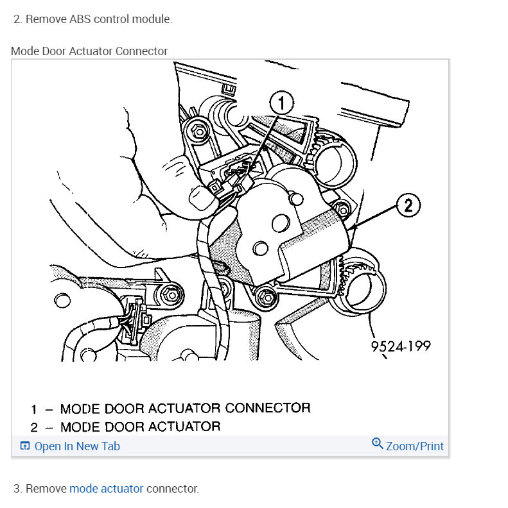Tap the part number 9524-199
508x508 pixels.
tap(400, 346)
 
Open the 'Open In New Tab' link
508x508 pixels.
tap(76, 446)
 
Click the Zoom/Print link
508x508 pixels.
tap(414, 446)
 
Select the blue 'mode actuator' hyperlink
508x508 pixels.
tap(106, 489)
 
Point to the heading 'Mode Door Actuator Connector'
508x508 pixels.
tap(89, 51)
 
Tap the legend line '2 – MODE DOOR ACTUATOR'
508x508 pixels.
tap(126, 427)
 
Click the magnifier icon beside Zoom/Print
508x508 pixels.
tap(378, 444)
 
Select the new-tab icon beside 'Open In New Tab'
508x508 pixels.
tap(25, 446)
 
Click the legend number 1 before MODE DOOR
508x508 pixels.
tap(34, 409)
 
